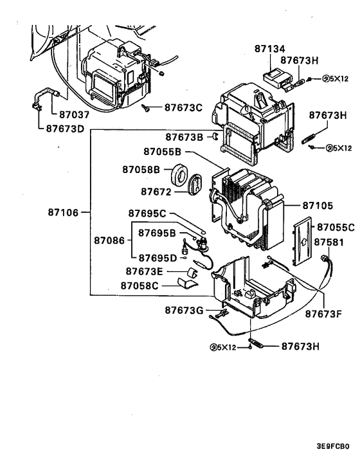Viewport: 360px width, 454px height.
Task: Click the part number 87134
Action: pyautogui.click(x=273, y=49)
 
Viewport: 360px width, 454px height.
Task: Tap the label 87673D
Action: pyautogui.click(x=66, y=128)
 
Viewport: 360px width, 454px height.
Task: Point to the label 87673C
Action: pyautogui.click(x=183, y=107)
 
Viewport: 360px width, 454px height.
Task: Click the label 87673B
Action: pyautogui.click(x=184, y=137)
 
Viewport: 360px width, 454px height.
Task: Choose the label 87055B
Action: pyautogui.click(x=163, y=152)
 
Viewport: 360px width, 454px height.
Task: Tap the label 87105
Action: pyautogui.click(x=318, y=206)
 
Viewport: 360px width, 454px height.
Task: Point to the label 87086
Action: pyautogui.click(x=111, y=240)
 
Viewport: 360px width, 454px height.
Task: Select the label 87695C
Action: pyautogui.click(x=147, y=213)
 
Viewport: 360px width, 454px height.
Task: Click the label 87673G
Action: pyautogui.click(x=184, y=311)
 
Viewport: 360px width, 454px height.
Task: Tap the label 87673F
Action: pyautogui.click(x=323, y=314)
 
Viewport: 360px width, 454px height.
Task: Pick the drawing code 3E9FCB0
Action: pyautogui.click(x=332, y=445)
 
